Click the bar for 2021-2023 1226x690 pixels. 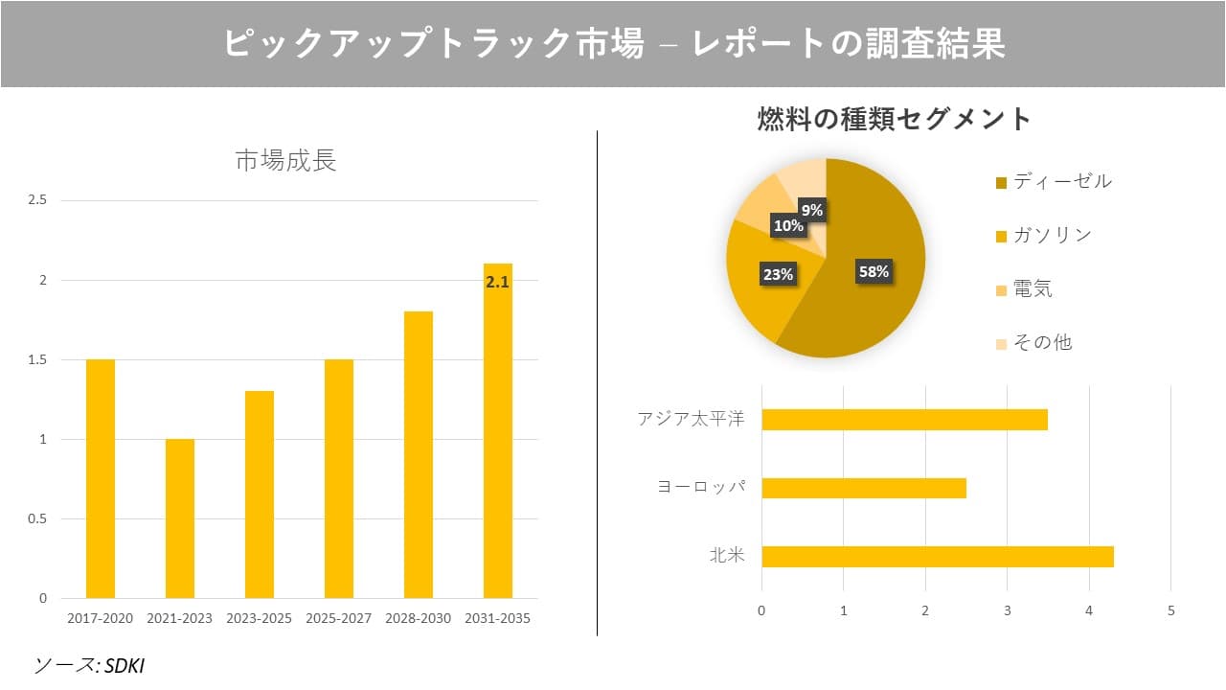pos(180,518)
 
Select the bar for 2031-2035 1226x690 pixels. pos(497,431)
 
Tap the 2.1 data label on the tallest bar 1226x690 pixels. pos(497,283)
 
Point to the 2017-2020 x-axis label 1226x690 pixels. pos(101,618)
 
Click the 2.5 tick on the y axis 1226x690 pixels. pos(38,200)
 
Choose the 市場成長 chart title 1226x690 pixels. pos(285,161)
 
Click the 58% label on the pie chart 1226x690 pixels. pos(873,271)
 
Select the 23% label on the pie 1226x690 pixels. pos(778,274)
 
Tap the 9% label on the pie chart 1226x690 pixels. pos(812,210)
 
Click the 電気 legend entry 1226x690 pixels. pos(1033,288)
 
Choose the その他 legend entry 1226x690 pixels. pos(1042,342)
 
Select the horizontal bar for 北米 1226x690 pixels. pos(937,557)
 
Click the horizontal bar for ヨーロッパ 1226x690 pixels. pos(863,488)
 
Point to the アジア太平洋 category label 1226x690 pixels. pos(691,420)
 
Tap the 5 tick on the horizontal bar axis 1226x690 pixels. pos(1170,610)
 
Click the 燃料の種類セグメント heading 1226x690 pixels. pos(894,119)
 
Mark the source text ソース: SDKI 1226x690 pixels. pos(89,665)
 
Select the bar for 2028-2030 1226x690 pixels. pos(419,454)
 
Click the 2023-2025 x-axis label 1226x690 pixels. pos(260,618)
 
